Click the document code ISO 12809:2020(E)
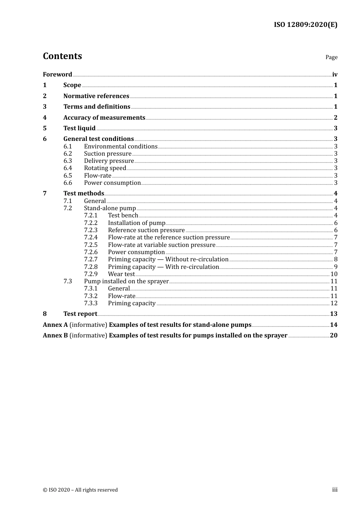click(x=305, y=25)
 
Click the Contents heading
click(x=62, y=56)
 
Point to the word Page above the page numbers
click(x=331, y=57)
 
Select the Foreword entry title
click(x=57, y=75)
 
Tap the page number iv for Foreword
click(x=335, y=75)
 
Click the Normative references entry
click(x=96, y=96)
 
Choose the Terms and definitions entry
click(x=97, y=107)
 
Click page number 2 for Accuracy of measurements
click(x=335, y=118)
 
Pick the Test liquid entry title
click(x=79, y=128)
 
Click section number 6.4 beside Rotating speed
click(x=68, y=168)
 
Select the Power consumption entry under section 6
click(x=112, y=183)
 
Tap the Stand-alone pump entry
click(x=110, y=208)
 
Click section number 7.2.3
click(x=91, y=230)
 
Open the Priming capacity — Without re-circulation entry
click(x=168, y=259)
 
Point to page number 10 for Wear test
click(x=334, y=274)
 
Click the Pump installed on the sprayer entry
click(x=126, y=281)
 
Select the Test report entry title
click(x=80, y=314)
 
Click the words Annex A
click(x=55, y=325)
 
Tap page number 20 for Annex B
click(x=333, y=336)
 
